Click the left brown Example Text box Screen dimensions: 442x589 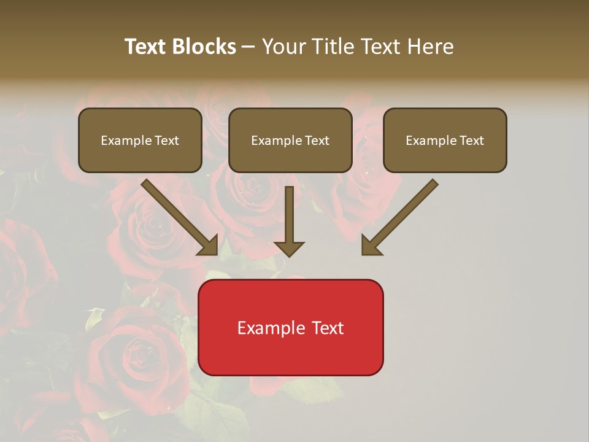pyautogui.click(x=140, y=140)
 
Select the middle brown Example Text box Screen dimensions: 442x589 pyautogui.click(x=290, y=140)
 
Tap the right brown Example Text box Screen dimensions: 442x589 pyautogui.click(x=445, y=140)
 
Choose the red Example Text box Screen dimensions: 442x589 pyautogui.click(x=290, y=327)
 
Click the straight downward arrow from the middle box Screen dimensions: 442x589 pyautogui.click(x=289, y=215)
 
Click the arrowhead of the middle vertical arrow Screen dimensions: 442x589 pyautogui.click(x=289, y=248)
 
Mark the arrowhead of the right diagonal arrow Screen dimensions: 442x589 pyautogui.click(x=371, y=246)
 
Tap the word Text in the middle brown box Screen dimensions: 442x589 pyautogui.click(x=317, y=141)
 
